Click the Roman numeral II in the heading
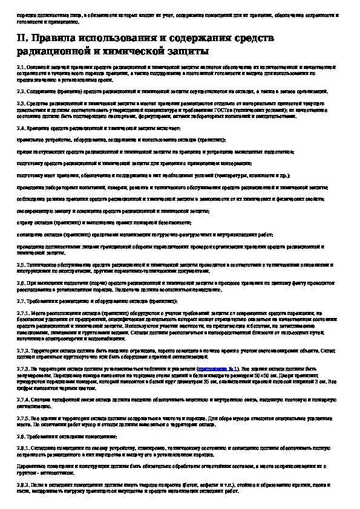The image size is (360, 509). pyautogui.click(x=21, y=38)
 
